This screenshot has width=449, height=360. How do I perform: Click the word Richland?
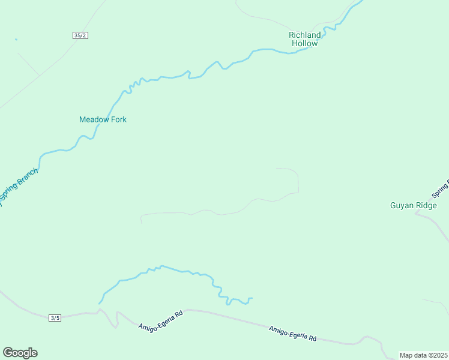(305, 35)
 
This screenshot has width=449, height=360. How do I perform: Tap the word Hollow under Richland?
(304, 43)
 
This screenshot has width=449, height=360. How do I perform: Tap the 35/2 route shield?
(80, 35)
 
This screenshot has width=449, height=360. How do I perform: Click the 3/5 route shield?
(55, 317)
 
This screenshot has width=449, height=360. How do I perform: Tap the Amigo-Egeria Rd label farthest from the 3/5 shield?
(292, 333)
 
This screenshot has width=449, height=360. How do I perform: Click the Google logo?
(20, 353)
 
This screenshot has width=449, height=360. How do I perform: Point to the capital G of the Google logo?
(8, 352)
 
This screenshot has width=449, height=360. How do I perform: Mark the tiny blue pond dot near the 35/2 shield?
(16, 40)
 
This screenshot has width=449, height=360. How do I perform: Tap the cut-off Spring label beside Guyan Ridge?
(440, 189)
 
